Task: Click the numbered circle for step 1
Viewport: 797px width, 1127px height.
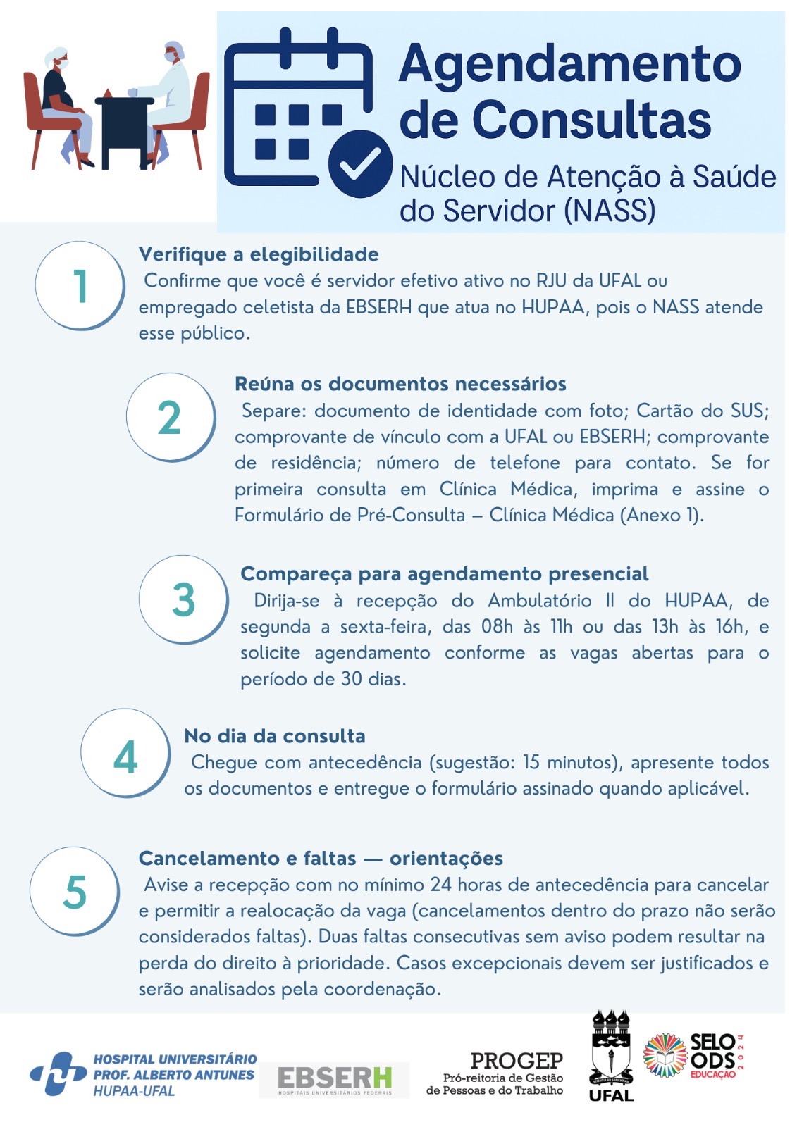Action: point(80,285)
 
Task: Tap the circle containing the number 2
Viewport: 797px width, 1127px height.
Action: point(171,417)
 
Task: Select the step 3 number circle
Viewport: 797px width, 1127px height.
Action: point(183,599)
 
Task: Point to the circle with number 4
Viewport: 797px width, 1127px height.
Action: point(125,753)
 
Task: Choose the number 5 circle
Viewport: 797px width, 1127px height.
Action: point(75,891)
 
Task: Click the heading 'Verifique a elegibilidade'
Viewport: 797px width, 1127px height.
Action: point(259,254)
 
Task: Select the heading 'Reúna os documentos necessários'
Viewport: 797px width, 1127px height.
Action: point(400,384)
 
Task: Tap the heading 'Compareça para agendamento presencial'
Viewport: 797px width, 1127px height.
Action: point(444,574)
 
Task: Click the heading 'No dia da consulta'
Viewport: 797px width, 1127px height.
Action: point(275,736)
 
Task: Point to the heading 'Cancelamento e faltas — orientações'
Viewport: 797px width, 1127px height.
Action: point(321,858)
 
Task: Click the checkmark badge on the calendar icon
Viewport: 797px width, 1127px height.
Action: point(360,164)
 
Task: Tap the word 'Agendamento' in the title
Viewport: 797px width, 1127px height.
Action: point(569,64)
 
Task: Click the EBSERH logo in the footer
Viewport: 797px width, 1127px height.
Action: point(334,1078)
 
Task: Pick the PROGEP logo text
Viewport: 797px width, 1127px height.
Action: point(516,1061)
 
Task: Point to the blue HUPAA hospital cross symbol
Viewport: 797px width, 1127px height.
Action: point(58,1073)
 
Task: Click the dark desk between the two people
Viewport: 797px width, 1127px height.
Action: point(124,127)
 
